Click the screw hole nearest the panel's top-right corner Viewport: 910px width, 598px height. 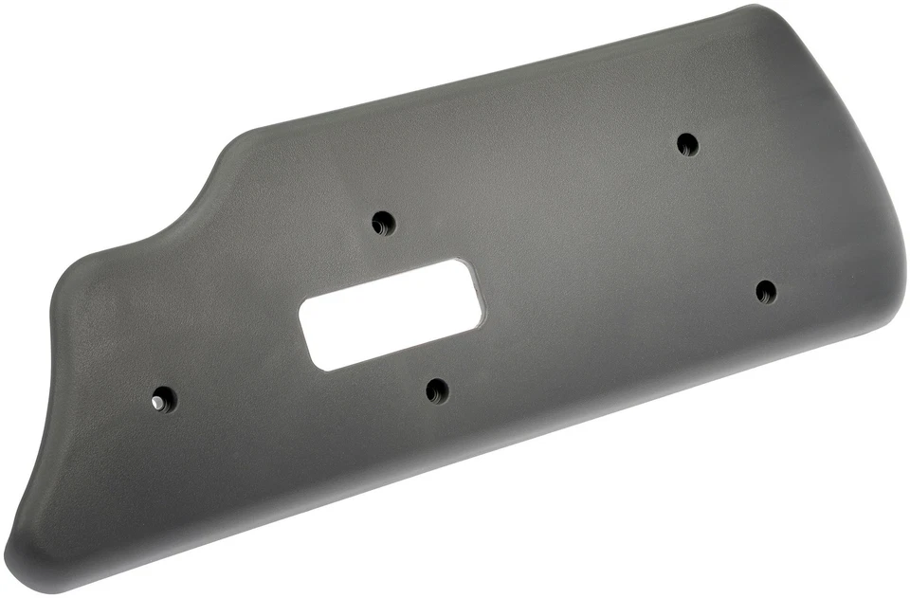[x=687, y=145]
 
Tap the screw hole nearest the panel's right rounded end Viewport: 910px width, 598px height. [x=766, y=292]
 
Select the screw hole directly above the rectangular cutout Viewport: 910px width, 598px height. [x=383, y=224]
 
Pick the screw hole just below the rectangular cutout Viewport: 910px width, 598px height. [x=436, y=390]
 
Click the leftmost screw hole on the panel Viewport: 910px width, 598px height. [x=164, y=399]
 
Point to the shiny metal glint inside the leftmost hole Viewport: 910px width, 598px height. [x=157, y=403]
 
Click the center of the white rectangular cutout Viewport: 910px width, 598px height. [x=391, y=315]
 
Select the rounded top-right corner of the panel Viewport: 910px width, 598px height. [x=758, y=11]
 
